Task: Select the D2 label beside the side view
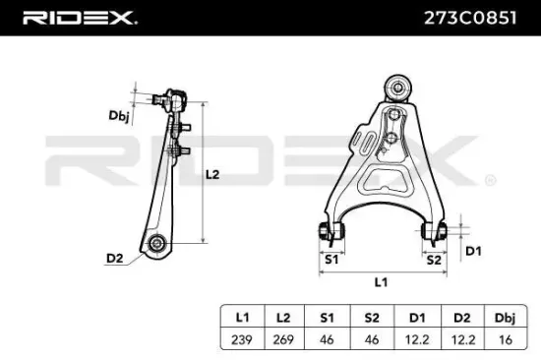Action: pyautogui.click(x=114, y=259)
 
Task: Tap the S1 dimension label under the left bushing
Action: pyautogui.click(x=331, y=260)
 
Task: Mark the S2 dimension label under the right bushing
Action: pyautogui.click(x=433, y=260)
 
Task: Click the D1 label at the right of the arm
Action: pyautogui.click(x=472, y=252)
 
